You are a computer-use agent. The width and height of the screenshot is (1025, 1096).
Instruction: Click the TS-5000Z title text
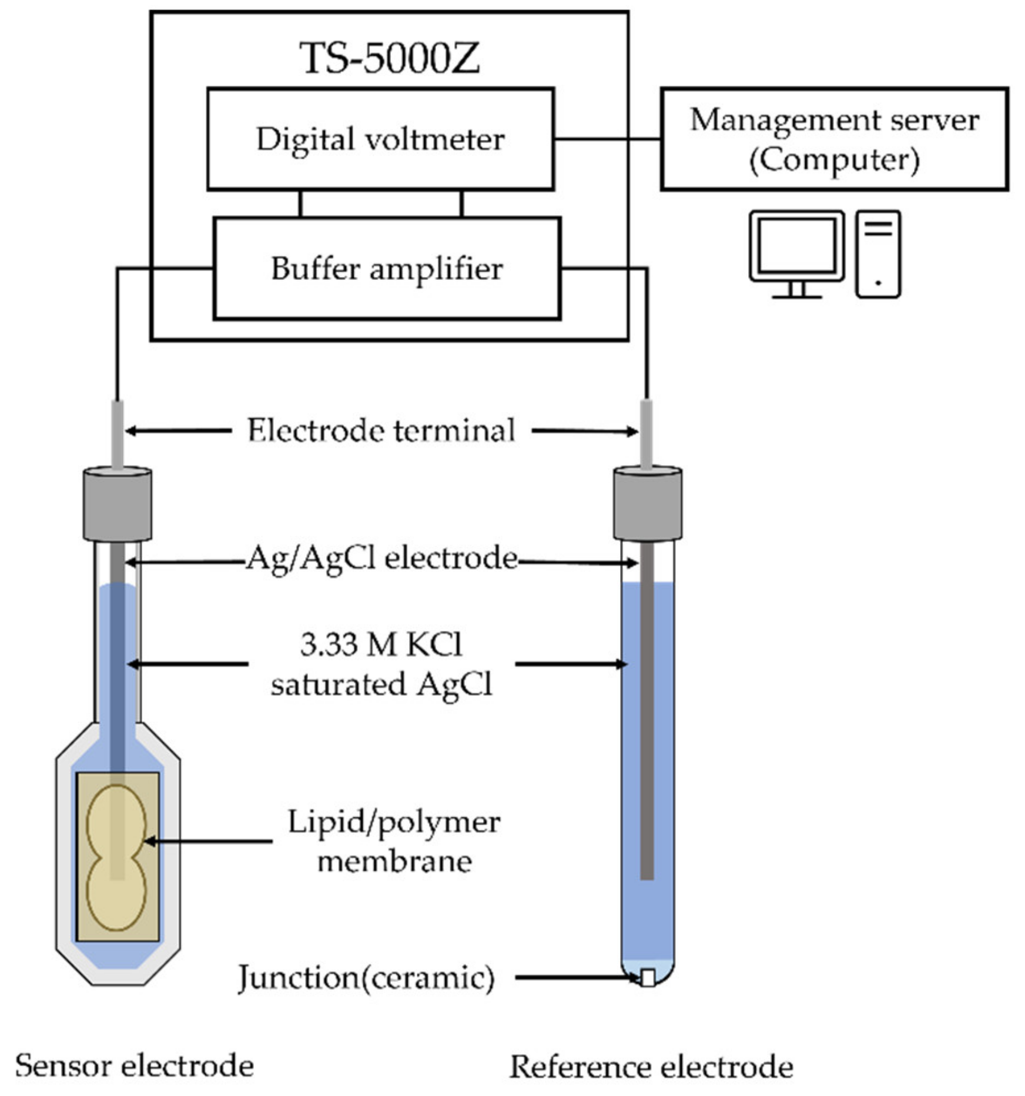(x=389, y=58)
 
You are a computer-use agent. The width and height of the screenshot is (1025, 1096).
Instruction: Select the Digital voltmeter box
(x=380, y=139)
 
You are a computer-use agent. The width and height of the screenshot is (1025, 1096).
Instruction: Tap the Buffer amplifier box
(x=386, y=269)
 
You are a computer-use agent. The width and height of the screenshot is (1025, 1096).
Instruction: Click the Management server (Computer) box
(x=834, y=139)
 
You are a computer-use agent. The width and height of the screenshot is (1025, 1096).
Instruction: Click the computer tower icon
(x=878, y=254)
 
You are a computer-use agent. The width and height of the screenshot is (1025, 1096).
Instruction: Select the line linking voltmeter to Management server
(x=607, y=139)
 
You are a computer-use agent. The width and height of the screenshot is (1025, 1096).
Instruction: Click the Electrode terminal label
(x=381, y=430)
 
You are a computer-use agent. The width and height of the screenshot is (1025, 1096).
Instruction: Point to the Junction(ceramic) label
(x=366, y=978)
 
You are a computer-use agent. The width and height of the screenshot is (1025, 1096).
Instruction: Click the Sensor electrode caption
(x=135, y=1065)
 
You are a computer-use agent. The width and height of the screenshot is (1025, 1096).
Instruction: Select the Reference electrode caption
(x=651, y=1067)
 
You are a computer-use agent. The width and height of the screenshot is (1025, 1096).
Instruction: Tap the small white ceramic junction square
(x=648, y=978)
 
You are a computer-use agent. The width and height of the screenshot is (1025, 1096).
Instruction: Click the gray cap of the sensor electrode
(x=118, y=504)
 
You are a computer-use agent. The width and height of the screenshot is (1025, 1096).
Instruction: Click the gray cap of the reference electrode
(x=648, y=504)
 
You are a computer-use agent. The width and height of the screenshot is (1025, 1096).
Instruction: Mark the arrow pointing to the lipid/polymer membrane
(x=209, y=841)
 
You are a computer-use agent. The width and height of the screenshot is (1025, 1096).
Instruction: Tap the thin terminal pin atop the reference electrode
(x=647, y=434)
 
